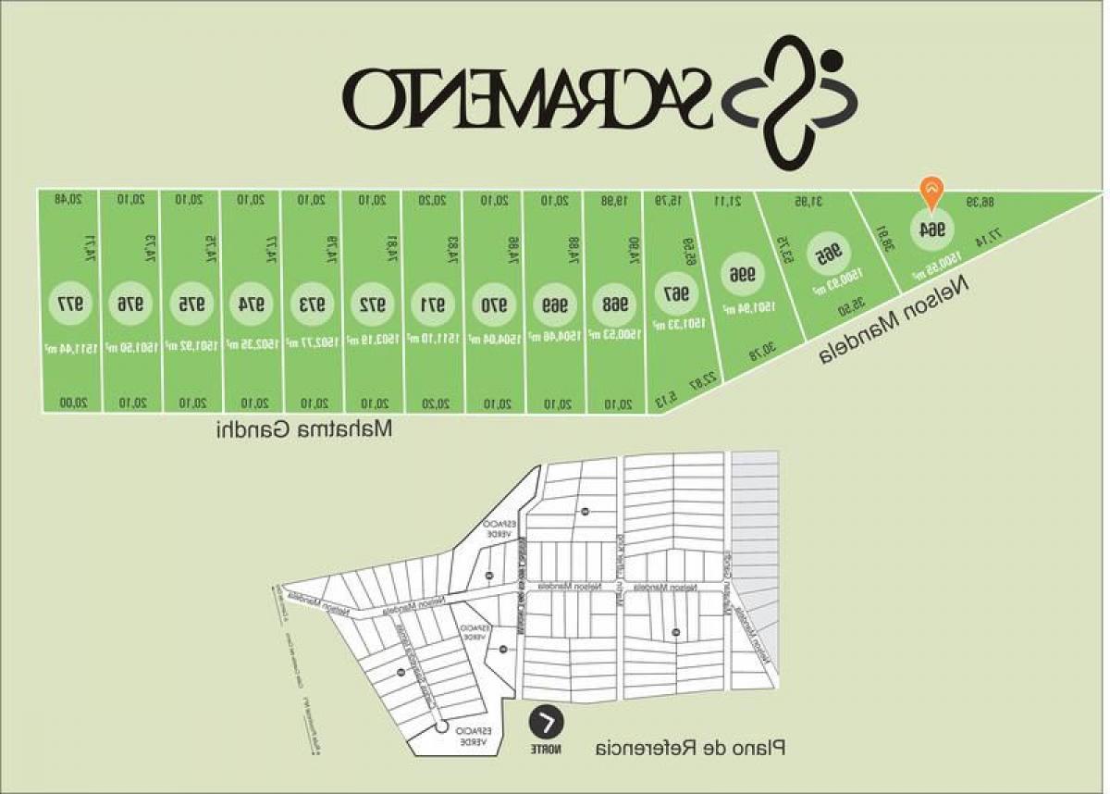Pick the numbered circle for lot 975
pyautogui.click(x=191, y=303)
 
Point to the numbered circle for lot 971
pyautogui.click(x=433, y=303)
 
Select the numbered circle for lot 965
pyautogui.click(x=830, y=254)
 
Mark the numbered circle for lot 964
pyautogui.click(x=929, y=229)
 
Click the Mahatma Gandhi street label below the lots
pyautogui.click(x=304, y=430)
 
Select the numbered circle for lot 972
pyautogui.click(x=372, y=303)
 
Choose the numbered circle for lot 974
pyautogui.click(x=251, y=303)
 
